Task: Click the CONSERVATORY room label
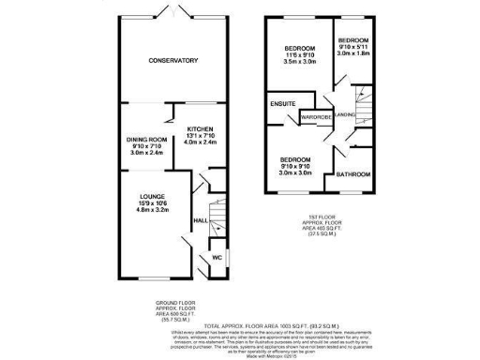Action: tap(172, 61)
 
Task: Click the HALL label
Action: tap(199, 221)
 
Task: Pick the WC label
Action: tap(217, 255)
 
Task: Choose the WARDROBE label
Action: tap(316, 117)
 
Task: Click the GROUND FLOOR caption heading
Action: tap(175, 302)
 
